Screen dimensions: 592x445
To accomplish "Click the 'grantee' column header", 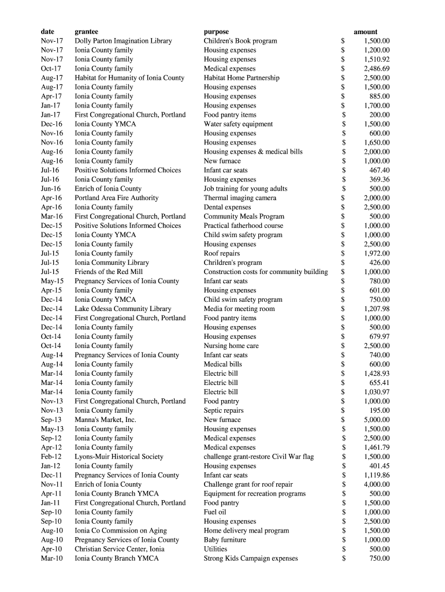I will click(x=86, y=32).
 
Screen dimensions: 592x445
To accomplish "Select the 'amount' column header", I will click(x=365, y=32).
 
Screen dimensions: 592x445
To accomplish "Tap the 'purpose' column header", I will click(x=216, y=32).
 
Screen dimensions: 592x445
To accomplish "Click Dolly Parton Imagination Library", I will click(x=123, y=41).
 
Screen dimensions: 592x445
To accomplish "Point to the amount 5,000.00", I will click(x=376, y=420).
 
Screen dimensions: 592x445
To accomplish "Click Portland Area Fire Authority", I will click(x=116, y=198).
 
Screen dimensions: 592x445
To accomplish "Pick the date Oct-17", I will click(x=51, y=69).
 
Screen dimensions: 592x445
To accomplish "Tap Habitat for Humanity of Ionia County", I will click(x=129, y=78).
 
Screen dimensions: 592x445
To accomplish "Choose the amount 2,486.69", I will click(x=376, y=69).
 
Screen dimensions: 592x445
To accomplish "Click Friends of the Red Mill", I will click(x=109, y=272).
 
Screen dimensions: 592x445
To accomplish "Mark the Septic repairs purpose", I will click(x=224, y=410).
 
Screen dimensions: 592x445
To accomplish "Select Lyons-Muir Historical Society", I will click(x=119, y=457).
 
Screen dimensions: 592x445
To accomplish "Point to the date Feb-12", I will click(x=51, y=457).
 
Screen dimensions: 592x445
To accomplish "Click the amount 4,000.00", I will click(x=376, y=484).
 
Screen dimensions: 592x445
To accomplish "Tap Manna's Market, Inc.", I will click(x=105, y=420).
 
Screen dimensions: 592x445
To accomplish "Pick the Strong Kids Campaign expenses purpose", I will click(x=251, y=558).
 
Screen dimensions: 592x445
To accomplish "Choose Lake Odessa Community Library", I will click(x=123, y=309).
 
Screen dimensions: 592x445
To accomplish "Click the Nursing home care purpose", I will click(x=231, y=346).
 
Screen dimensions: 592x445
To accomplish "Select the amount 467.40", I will click(x=379, y=170).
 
